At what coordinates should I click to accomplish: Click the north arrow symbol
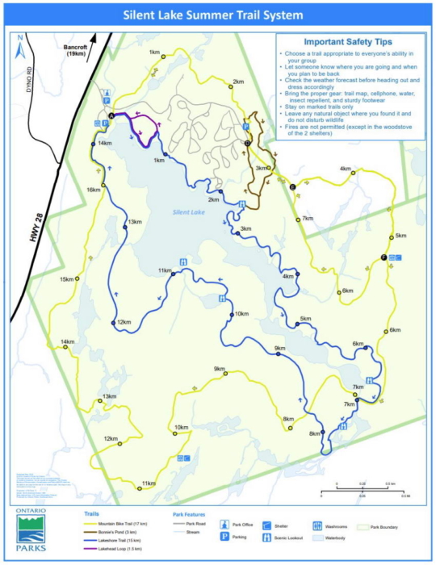click(x=19, y=51)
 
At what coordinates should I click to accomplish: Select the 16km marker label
click(x=93, y=190)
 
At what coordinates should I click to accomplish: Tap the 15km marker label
click(x=68, y=279)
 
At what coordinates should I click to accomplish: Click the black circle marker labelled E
click(x=292, y=187)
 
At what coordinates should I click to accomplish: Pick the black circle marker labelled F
click(x=383, y=257)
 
